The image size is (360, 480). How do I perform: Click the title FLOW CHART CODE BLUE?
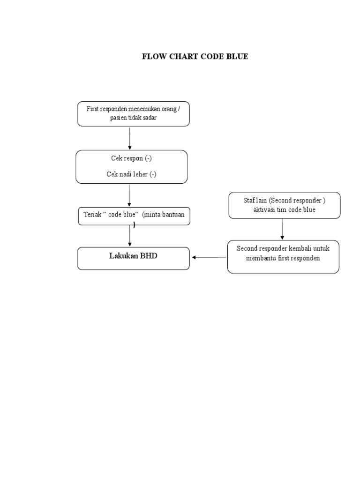[x=195, y=57]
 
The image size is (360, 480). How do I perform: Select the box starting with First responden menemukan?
[x=134, y=113]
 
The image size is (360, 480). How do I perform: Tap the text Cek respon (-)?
[x=131, y=158]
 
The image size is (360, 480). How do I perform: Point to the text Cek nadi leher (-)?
[x=131, y=174]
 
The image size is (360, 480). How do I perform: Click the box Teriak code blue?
[x=134, y=217]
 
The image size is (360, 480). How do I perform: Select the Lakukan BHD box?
[x=134, y=258]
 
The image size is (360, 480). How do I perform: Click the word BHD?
[x=149, y=256]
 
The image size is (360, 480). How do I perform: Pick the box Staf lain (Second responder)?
[x=285, y=205]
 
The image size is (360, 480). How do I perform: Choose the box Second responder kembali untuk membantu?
[x=283, y=256]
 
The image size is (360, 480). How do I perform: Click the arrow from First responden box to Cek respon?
[x=130, y=138]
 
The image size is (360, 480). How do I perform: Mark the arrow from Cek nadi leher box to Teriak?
[x=129, y=195]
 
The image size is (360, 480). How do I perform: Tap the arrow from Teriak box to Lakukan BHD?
[x=130, y=236]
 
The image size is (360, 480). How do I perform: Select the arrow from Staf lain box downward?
[x=282, y=229]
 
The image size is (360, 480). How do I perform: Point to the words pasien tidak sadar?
[x=134, y=118]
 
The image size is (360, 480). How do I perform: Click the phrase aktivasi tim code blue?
[x=285, y=210]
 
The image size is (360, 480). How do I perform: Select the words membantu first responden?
[x=283, y=259]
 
